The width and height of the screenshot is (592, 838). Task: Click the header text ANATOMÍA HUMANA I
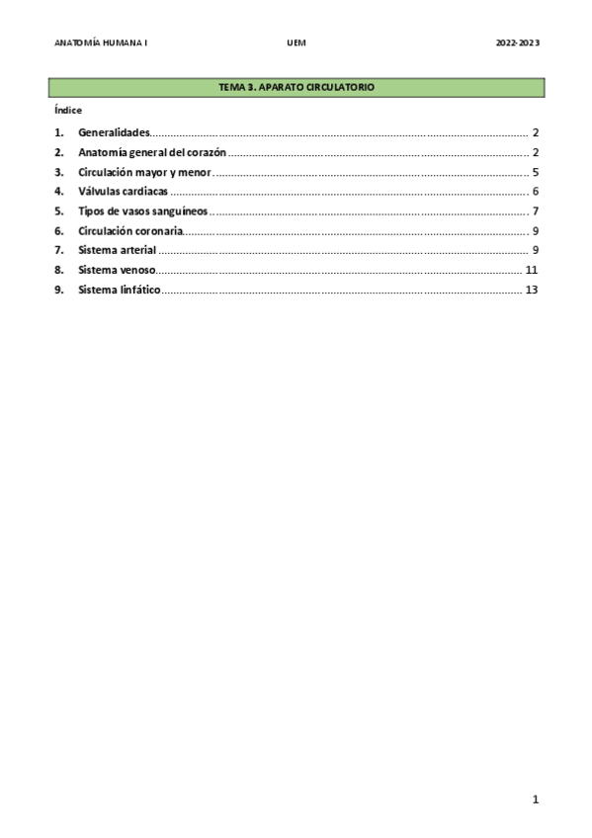pyautogui.click(x=101, y=43)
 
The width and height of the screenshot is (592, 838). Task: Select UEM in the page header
pyautogui.click(x=296, y=43)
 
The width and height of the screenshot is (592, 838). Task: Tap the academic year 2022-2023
pyautogui.click(x=517, y=43)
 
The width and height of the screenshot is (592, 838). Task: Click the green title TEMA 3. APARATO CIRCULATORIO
pyautogui.click(x=296, y=88)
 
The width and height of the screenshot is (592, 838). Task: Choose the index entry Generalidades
pyautogui.click(x=113, y=132)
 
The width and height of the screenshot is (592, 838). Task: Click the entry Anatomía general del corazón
pyautogui.click(x=152, y=152)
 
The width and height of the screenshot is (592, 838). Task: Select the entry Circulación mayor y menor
pyautogui.click(x=144, y=172)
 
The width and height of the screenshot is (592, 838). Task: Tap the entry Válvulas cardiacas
pyautogui.click(x=123, y=191)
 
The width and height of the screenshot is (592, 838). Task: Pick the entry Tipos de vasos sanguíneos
pyautogui.click(x=142, y=210)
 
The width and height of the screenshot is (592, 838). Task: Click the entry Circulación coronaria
pyautogui.click(x=130, y=230)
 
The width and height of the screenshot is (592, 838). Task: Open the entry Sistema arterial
pyautogui.click(x=117, y=250)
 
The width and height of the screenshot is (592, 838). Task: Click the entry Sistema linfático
pyautogui.click(x=119, y=290)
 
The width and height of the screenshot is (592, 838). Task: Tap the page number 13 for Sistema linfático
pyautogui.click(x=532, y=290)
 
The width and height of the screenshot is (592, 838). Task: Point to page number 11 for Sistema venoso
pyautogui.click(x=532, y=270)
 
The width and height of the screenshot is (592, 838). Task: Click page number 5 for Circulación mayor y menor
pyautogui.click(x=535, y=172)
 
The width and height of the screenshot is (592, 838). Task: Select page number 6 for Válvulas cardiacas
pyautogui.click(x=535, y=191)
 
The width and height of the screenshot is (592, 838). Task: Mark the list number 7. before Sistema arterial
pyautogui.click(x=59, y=250)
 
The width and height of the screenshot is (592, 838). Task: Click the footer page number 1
pyautogui.click(x=535, y=799)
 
